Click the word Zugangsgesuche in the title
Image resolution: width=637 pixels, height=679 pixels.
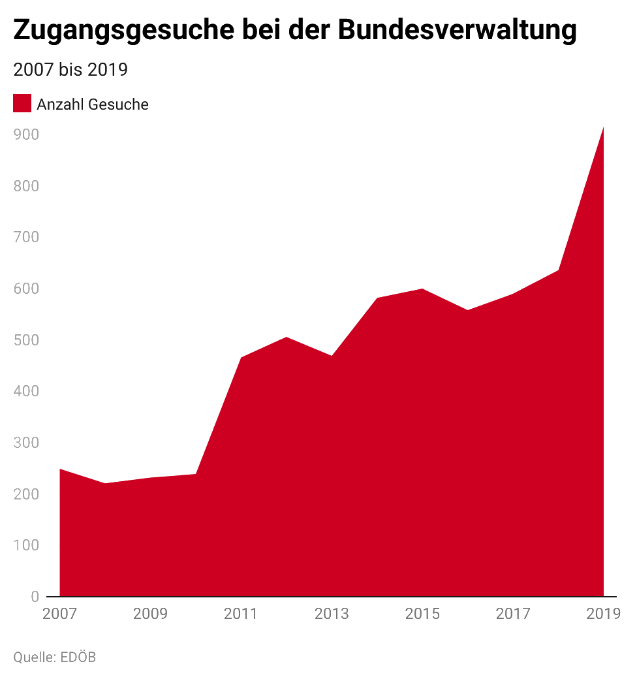[x=123, y=31]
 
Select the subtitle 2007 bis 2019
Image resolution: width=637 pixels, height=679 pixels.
[x=70, y=70]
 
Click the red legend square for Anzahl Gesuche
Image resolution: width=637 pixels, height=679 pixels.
[x=22, y=104]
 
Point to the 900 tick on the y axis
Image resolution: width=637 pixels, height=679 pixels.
[x=25, y=134]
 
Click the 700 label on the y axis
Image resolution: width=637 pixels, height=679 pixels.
[x=25, y=238]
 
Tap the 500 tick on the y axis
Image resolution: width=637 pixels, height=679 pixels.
[x=25, y=340]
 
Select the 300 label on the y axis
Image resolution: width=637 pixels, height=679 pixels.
[x=25, y=443]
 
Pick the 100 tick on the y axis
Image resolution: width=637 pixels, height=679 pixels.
[x=25, y=545]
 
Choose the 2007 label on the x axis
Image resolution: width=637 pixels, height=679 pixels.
[x=59, y=614]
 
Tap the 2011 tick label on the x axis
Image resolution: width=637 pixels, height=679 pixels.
[x=241, y=614]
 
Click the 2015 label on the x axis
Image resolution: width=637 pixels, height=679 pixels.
[x=422, y=614]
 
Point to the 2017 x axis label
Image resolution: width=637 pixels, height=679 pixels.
[x=513, y=614]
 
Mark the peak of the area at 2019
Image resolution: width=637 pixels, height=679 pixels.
[x=603, y=127]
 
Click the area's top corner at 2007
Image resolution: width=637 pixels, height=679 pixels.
[x=60, y=469]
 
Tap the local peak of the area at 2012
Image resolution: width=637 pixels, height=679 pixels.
[x=287, y=337]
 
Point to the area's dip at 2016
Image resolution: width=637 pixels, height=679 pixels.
[x=467, y=309]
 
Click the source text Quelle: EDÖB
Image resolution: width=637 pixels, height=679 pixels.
[x=54, y=656]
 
